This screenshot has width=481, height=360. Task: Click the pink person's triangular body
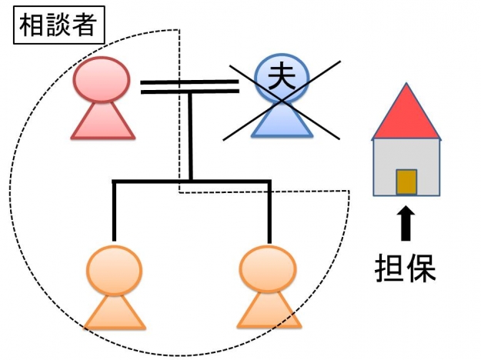pyautogui.click(x=104, y=122)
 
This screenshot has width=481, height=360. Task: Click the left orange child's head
pyautogui.click(x=115, y=268)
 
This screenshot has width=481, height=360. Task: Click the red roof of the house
pyautogui.click(x=406, y=116)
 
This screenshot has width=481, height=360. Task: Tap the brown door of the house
pyautogui.click(x=406, y=182)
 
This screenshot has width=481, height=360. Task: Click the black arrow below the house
pyautogui.click(x=406, y=224)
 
